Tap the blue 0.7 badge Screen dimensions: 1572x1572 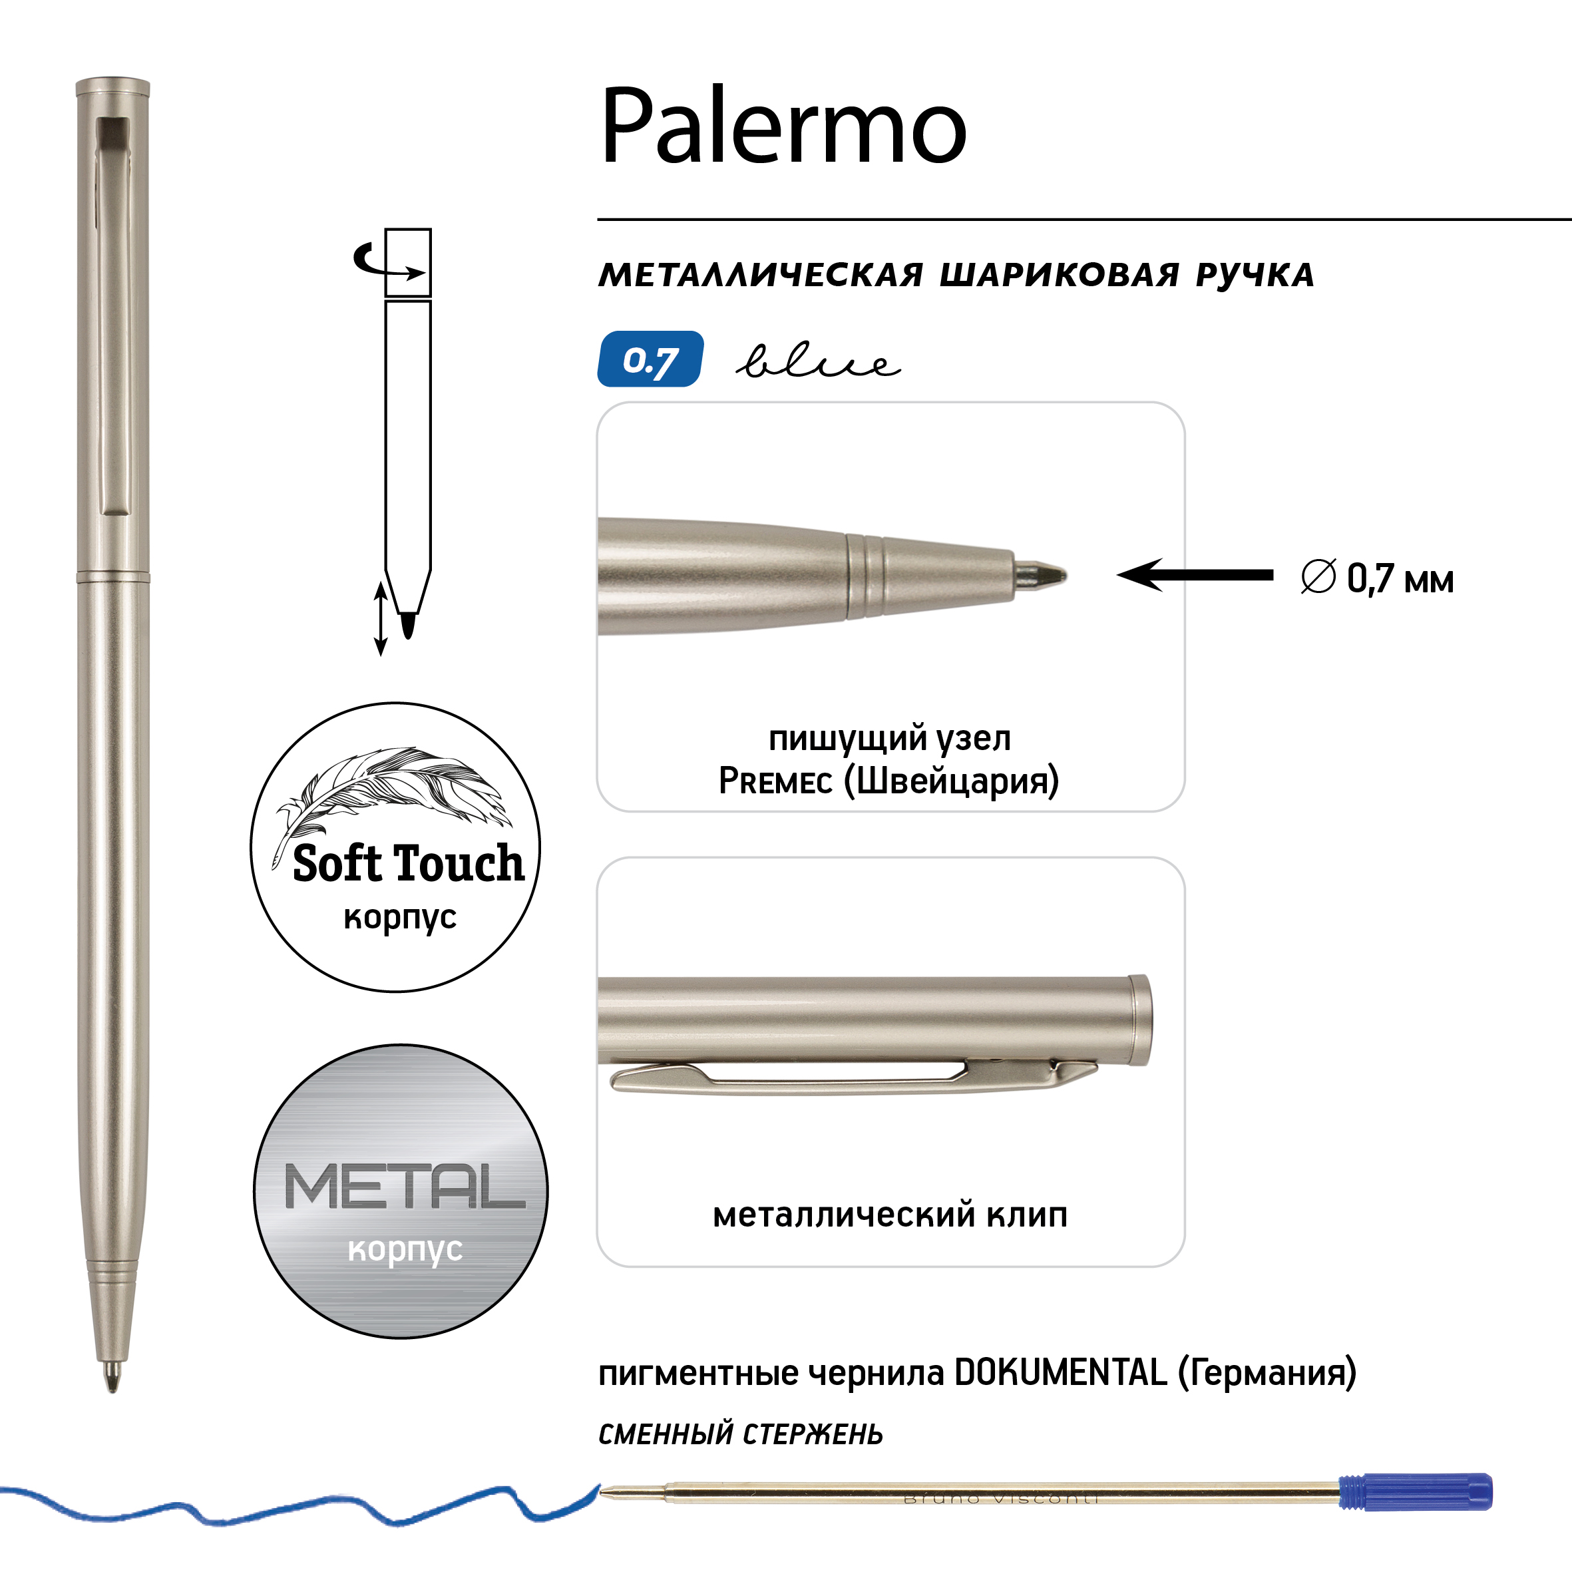650,359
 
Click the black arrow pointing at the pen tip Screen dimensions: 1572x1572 1195,575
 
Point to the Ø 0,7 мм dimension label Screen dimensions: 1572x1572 1377,578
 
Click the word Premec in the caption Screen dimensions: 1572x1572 775,781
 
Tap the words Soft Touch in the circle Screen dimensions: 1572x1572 409,863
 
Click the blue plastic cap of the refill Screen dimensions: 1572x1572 1416,1492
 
